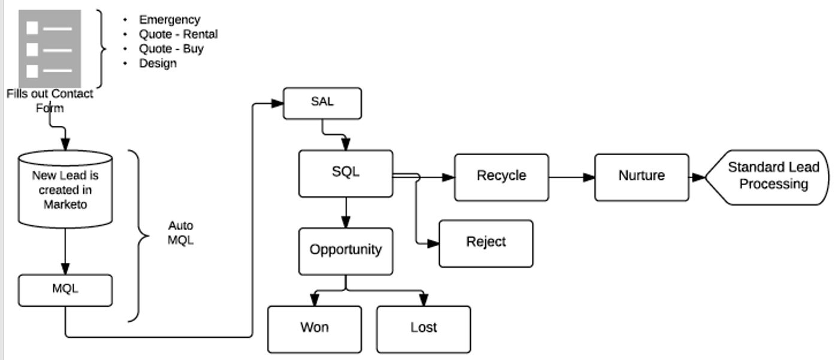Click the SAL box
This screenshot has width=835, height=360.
(x=322, y=103)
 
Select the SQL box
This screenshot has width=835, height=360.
(x=346, y=173)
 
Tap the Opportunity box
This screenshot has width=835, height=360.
(x=346, y=250)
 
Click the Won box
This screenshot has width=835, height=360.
(x=314, y=328)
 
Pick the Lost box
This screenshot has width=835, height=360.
(x=423, y=328)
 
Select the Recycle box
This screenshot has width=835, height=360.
(x=501, y=177)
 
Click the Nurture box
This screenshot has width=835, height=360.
(x=642, y=177)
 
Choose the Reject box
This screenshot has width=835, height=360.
(x=486, y=243)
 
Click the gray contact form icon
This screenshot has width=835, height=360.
(x=50, y=48)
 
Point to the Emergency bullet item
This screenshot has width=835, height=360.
(x=170, y=20)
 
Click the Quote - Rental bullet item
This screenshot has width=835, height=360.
(x=178, y=34)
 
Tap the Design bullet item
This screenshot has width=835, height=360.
(x=158, y=63)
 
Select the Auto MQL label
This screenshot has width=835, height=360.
(x=180, y=234)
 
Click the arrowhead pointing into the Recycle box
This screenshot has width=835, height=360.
(x=449, y=177)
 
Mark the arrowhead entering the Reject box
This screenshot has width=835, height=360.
(x=433, y=243)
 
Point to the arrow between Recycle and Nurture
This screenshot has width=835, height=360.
(x=571, y=177)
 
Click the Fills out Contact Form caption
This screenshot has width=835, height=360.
(x=50, y=101)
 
